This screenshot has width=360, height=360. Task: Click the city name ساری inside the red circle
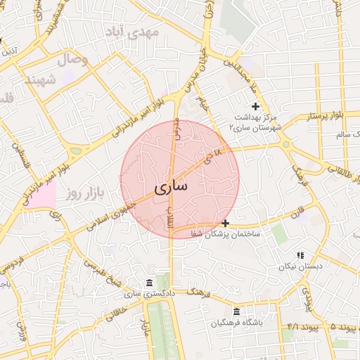[x=170, y=188]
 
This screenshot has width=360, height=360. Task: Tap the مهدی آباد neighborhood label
[x=132, y=32]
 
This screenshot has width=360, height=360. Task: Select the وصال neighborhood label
[x=74, y=60]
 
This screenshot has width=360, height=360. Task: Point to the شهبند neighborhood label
[x=41, y=79]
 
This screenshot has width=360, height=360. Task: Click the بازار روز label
[x=86, y=193]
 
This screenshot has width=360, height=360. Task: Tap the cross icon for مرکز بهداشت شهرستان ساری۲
[x=255, y=105]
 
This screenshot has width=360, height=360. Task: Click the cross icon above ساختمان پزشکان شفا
[x=225, y=223]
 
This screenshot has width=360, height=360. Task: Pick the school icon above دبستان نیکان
[x=300, y=255]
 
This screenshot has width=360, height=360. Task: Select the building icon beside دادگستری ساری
[x=148, y=283]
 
